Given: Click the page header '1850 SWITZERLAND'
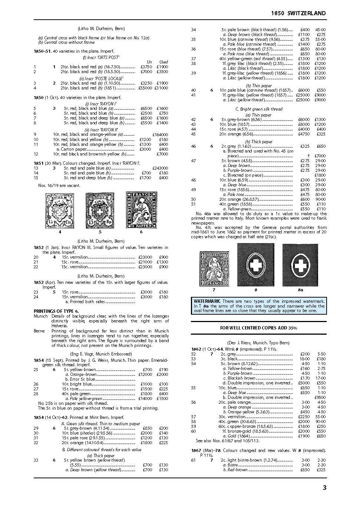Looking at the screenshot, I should pos(298,13).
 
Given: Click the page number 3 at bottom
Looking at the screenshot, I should pos(324,488).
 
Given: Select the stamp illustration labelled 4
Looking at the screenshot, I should pos(59,210).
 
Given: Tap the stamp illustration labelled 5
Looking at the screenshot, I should pos(100,210).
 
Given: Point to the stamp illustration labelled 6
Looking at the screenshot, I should pos(141,210).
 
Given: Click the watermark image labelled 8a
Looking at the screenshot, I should pos(300,265).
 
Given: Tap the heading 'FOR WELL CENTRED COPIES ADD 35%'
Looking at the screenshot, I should pos(258,328).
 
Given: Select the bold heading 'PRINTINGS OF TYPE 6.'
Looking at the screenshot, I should pos(56,311).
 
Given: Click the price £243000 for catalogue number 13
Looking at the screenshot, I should pos(160,168).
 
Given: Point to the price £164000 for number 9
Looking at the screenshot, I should pos(160,135).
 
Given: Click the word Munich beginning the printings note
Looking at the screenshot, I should pos(41,316).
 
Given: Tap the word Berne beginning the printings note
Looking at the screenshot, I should pos(39,331).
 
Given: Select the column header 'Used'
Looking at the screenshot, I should pos(163,62).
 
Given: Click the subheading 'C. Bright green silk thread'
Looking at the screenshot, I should pos(259,109).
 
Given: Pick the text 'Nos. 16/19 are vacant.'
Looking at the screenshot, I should pos(59,186).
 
